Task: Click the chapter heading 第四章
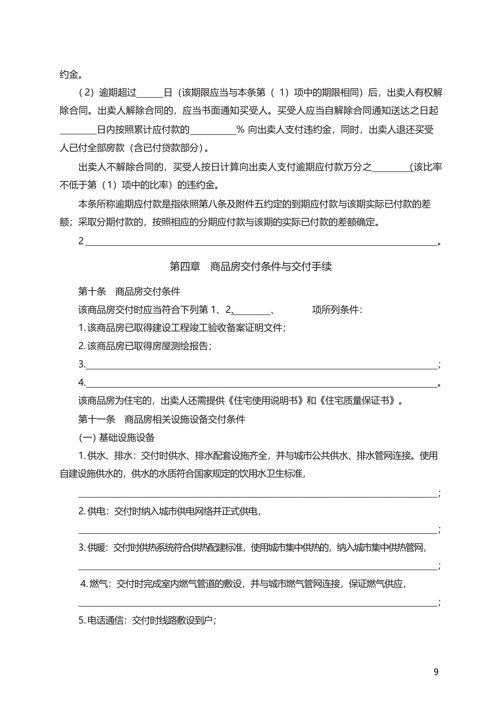pos(185,266)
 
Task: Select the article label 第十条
pos(92,291)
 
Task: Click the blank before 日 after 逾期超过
pos(150,93)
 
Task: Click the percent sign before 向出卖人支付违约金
pos(240,130)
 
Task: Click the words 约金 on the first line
pos(69,74)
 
